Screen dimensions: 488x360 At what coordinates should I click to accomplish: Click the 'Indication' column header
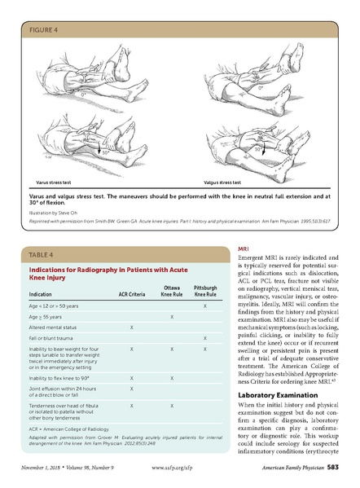tap(42, 293)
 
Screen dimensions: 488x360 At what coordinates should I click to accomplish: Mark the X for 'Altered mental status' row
tap(131, 326)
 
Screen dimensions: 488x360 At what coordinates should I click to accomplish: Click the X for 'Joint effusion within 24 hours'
tap(131, 389)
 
